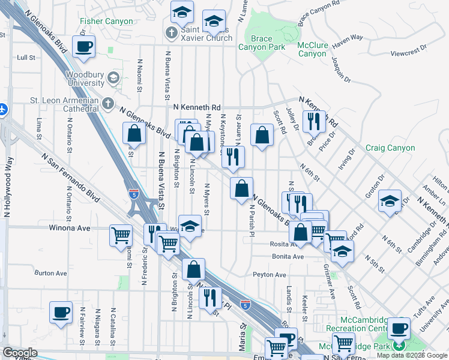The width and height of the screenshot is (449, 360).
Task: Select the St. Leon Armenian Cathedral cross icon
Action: (108, 104)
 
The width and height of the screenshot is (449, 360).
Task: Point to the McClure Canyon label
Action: (312, 49)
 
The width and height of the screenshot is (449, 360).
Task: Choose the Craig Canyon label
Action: (390, 148)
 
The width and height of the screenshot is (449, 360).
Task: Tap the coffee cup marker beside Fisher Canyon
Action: (85, 46)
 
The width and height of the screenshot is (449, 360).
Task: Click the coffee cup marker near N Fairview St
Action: (61, 312)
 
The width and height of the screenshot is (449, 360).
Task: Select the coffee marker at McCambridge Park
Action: (399, 329)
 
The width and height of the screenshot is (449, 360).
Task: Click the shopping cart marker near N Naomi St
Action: (121, 235)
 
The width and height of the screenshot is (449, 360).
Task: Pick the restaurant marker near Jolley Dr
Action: (314, 122)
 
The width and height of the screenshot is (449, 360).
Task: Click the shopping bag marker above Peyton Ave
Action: (193, 270)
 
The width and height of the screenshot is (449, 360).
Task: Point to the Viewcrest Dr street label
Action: (408, 50)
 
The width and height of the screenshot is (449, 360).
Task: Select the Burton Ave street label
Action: (46, 272)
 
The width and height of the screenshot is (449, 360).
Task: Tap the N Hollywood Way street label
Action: (8, 187)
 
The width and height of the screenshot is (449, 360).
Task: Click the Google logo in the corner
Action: (20, 353)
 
